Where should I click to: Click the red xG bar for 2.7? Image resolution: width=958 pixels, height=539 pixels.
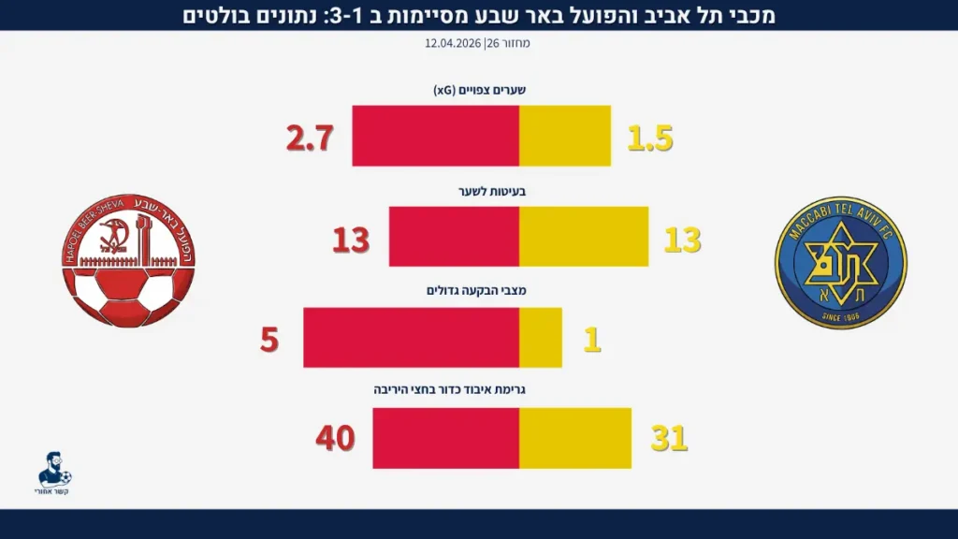(435, 136)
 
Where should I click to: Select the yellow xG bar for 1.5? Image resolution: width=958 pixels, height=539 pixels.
(565, 136)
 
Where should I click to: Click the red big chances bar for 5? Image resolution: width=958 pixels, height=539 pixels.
(411, 338)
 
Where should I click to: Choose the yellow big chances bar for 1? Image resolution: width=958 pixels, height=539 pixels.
(541, 338)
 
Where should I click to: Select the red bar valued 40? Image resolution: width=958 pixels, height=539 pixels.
(445, 439)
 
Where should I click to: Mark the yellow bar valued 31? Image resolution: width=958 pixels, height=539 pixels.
(575, 439)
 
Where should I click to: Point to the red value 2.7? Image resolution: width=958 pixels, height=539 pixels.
(310, 139)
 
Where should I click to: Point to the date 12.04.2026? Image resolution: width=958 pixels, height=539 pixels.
(454, 43)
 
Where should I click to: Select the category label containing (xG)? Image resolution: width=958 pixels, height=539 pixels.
(479, 91)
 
